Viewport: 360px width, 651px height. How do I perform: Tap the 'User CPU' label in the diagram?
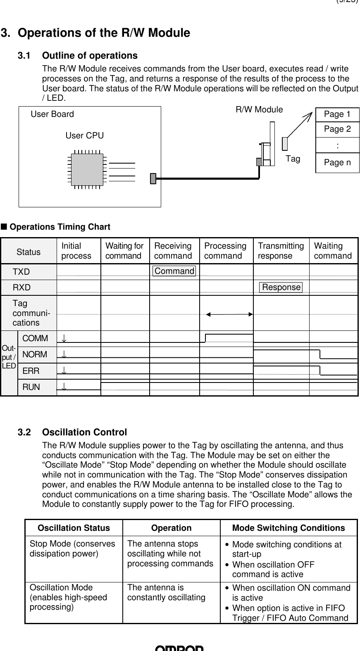tap(85, 135)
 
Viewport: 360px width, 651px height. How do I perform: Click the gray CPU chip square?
tap(87, 169)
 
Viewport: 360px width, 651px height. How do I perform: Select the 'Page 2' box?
tap(337, 129)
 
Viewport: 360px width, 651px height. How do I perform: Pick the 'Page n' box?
tap(337, 163)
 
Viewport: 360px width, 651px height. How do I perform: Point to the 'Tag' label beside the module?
tap(293, 159)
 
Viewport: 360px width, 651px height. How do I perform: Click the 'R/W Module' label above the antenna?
tap(259, 109)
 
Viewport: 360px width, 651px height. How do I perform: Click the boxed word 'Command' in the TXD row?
tap(174, 271)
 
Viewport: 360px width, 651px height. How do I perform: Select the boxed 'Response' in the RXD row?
tap(281, 287)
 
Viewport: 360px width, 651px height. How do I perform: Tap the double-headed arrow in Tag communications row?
tap(229, 314)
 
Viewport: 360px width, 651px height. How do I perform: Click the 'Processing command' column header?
tap(225, 251)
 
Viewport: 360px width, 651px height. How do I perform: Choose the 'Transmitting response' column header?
tap(281, 251)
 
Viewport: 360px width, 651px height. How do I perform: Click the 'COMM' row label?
tap(35, 338)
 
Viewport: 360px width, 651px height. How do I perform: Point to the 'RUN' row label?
tap(31, 387)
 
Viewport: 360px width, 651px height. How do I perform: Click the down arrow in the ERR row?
tap(64, 371)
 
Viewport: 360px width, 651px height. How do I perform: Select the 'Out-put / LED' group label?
tap(9, 357)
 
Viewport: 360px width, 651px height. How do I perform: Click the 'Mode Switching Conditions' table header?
tap(288, 528)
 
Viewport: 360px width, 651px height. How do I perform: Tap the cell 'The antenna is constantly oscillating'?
tap(166, 592)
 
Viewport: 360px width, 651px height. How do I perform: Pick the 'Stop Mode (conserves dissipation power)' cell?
tap(72, 549)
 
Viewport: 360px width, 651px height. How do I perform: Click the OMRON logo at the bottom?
tap(179, 648)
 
